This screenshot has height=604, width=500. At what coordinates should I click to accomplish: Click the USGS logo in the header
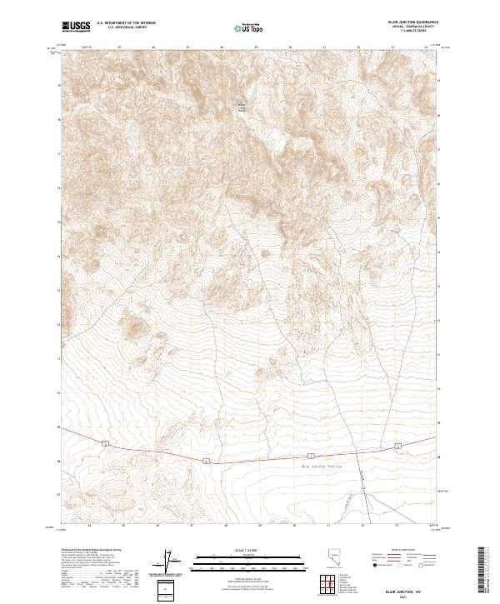coord(77,27)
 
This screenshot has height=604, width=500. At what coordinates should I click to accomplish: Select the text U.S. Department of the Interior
coord(125,23)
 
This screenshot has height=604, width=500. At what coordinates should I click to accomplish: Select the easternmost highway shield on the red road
coord(397,447)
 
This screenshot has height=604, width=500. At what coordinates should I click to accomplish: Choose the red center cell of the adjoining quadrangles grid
coord(331,586)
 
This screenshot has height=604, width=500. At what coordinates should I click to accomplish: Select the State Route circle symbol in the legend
coord(424,565)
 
